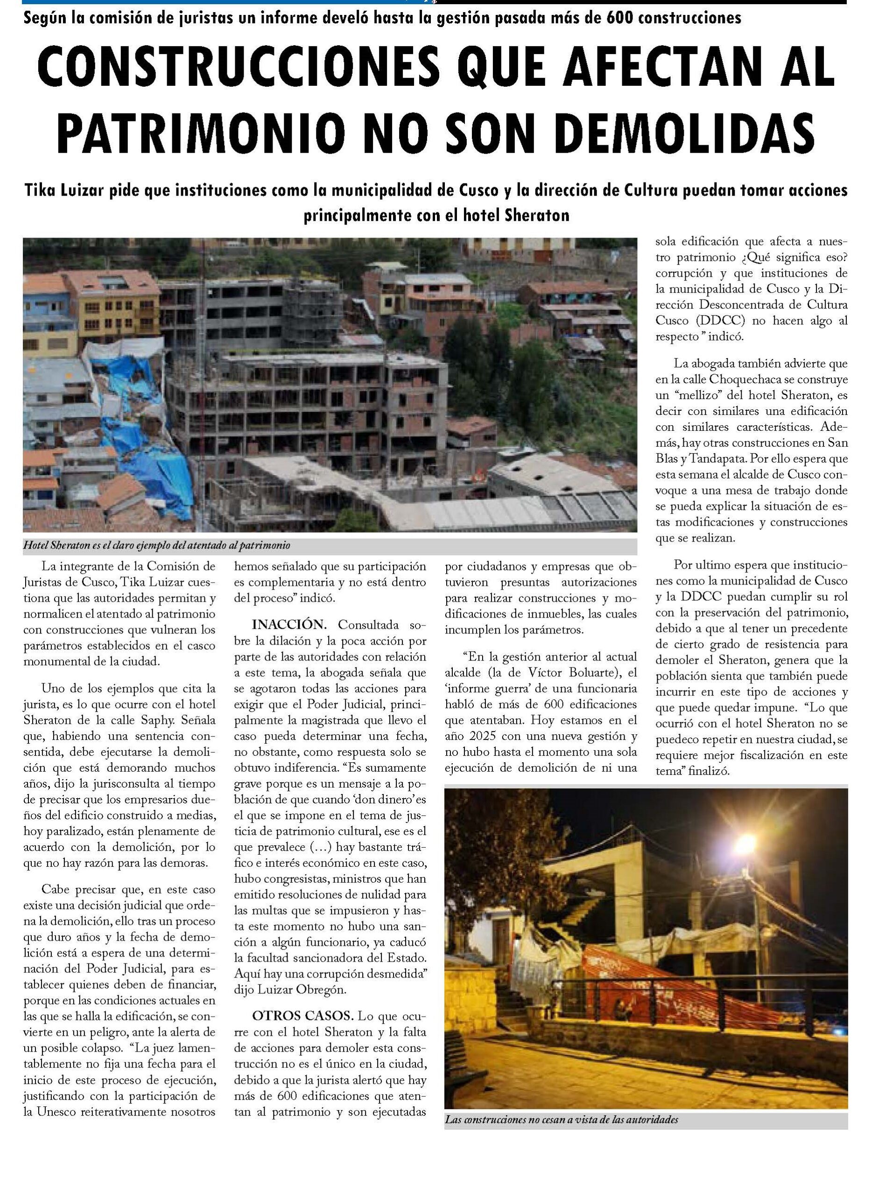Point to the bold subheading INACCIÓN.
[289, 625]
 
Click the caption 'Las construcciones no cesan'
[561, 1119]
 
